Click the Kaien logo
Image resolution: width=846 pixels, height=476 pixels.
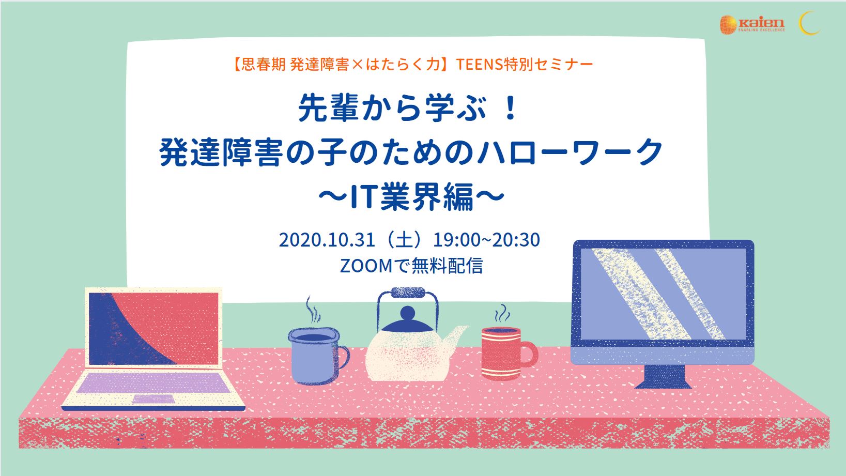[x=752, y=25]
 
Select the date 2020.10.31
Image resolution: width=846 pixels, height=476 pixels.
[x=327, y=240]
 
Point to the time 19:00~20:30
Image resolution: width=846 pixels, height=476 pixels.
[x=486, y=240]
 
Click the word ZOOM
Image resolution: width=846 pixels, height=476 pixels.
[x=366, y=266]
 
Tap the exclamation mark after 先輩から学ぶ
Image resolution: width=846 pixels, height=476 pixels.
[x=511, y=109]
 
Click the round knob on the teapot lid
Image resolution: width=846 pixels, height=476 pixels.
[x=408, y=313]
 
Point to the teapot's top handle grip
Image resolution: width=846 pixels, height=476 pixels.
[x=408, y=293]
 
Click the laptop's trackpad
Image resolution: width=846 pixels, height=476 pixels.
[x=153, y=399]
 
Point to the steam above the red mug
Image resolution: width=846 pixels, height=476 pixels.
[x=502, y=314]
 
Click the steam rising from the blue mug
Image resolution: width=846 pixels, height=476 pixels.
[x=313, y=311]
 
